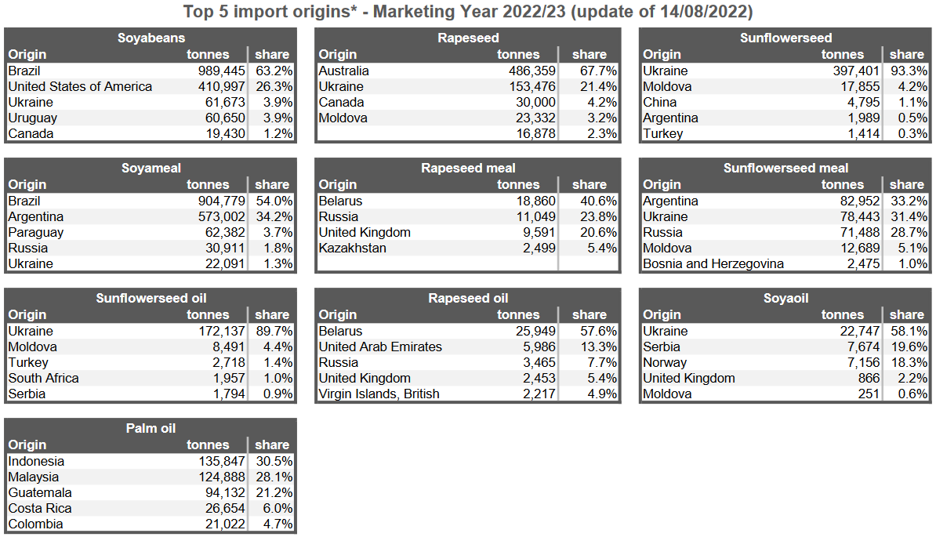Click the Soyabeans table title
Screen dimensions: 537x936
click(151, 38)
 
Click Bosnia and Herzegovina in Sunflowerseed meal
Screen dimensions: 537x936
click(713, 263)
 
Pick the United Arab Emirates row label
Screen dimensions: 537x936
click(380, 347)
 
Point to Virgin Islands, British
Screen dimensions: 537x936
click(379, 394)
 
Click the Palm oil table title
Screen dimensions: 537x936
click(151, 428)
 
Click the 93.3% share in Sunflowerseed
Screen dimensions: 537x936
click(909, 71)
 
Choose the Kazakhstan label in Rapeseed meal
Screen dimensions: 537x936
click(352, 248)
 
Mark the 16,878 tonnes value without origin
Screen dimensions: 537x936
click(535, 133)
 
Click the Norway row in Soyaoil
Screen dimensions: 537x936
click(665, 362)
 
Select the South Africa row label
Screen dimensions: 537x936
click(44, 378)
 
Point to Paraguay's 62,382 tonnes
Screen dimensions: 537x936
click(221, 232)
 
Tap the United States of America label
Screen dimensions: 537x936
click(80, 86)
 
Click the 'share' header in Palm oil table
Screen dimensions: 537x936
click(272, 445)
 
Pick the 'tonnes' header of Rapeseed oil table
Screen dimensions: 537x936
click(518, 315)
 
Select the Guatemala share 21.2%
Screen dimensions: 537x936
click(274, 492)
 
